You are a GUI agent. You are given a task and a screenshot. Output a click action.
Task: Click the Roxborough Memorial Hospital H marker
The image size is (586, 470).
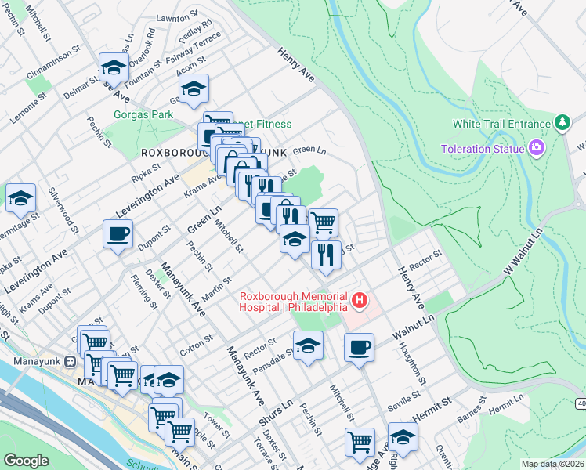(360, 300)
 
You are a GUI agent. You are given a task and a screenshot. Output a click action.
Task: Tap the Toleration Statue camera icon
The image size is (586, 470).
(537, 147)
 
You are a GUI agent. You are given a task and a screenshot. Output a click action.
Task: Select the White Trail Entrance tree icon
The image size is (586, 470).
(562, 123)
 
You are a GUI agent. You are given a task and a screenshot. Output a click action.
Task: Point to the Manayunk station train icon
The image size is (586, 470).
(70, 362)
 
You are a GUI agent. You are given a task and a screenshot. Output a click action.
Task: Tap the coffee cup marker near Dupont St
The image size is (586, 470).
(118, 233)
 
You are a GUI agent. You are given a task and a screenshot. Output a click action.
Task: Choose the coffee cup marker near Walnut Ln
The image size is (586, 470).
(359, 347)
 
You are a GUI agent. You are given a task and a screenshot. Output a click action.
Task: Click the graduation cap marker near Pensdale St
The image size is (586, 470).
(309, 345)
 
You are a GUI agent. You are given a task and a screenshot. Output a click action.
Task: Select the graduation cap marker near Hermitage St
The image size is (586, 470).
(20, 198)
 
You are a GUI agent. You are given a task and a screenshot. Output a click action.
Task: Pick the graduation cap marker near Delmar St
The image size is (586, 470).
(114, 67)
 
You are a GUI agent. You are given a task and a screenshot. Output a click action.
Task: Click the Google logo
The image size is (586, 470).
(26, 461)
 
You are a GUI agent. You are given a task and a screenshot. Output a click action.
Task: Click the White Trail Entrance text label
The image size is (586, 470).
(501, 124)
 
